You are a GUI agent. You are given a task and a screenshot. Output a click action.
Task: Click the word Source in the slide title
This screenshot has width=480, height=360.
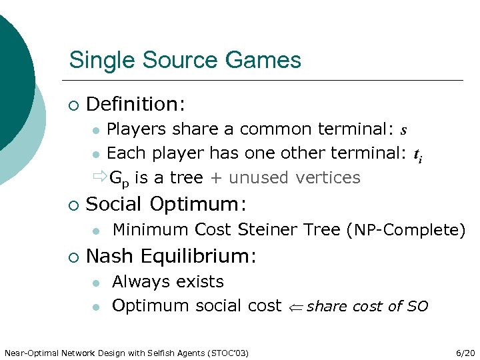(x=185, y=61)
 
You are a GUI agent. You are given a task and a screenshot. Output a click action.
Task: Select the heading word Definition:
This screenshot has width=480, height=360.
(x=136, y=104)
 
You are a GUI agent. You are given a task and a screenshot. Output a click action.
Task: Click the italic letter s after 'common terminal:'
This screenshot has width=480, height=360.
(x=404, y=129)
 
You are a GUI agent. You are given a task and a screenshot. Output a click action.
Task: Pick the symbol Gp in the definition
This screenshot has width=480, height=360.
(x=117, y=179)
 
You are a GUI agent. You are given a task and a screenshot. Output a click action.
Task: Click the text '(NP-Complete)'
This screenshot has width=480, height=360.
(x=406, y=231)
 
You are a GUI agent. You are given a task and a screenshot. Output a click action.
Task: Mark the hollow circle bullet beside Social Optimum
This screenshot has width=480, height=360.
(x=73, y=204)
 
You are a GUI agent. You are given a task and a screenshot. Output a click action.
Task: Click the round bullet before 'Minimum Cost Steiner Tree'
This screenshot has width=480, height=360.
(x=97, y=231)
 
